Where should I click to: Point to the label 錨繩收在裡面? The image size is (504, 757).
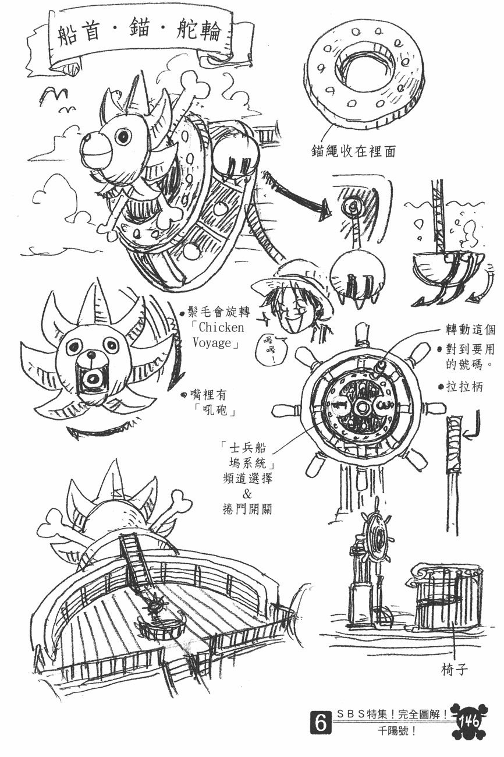click(353, 151)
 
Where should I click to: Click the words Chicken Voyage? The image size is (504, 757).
click(218, 335)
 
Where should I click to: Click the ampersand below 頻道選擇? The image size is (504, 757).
click(247, 494)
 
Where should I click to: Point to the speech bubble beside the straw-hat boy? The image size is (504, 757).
click(269, 351)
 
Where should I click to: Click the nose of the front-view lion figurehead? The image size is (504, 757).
click(91, 355)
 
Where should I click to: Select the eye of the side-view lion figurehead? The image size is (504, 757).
click(123, 136)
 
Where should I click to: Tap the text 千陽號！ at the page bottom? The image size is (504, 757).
click(396, 740)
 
